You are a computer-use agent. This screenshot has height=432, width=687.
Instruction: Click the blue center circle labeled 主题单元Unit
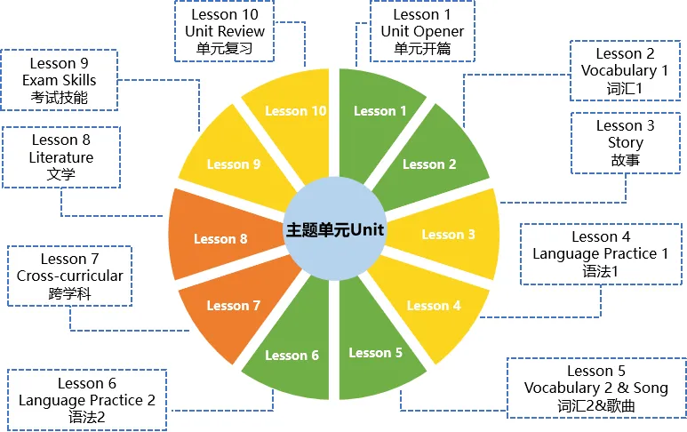pos(334,228)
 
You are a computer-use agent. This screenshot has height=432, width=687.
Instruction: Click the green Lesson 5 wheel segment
pos(376,354)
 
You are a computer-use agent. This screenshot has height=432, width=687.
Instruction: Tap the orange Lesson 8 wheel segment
pos(220,238)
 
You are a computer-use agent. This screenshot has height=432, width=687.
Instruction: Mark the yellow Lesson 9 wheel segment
pos(233,164)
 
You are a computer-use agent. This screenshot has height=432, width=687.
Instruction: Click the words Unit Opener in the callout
pos(422,31)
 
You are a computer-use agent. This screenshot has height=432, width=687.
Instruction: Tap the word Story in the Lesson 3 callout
pos(626,142)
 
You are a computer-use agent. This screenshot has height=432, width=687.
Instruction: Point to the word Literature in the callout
pos(60,156)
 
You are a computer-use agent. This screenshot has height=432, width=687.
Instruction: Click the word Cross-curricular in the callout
pos(70,276)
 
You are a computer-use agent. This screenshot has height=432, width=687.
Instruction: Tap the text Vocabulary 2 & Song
pos(595,388)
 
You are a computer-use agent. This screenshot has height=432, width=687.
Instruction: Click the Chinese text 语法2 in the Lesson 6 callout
pos(87,416)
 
